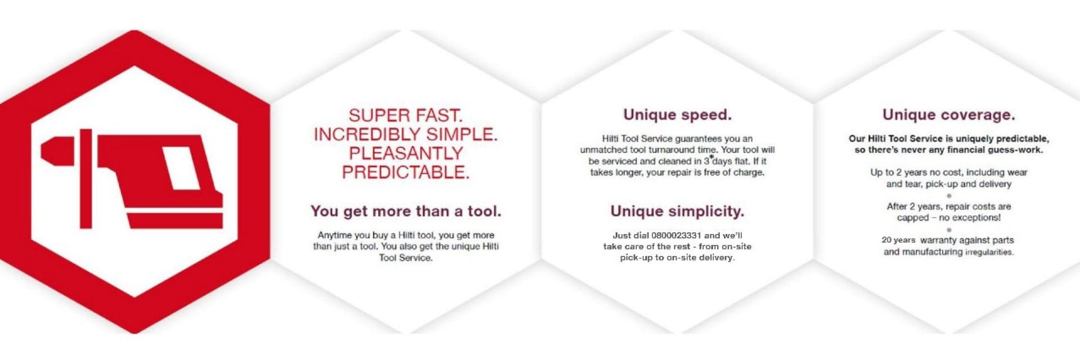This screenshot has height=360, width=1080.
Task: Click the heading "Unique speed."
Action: (x=677, y=115)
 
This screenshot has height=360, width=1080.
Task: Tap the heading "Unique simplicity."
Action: (x=677, y=211)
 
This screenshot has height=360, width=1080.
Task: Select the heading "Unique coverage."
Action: (x=949, y=115)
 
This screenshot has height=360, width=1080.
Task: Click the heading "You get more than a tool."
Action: (x=406, y=211)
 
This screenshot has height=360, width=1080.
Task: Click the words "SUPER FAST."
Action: (x=406, y=115)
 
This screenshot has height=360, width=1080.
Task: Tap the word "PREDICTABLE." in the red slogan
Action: (x=406, y=172)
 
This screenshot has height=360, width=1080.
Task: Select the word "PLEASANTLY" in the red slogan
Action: (x=406, y=153)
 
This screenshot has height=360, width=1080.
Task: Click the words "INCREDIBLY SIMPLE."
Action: (x=406, y=134)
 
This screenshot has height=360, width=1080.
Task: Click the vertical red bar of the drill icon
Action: (x=85, y=178)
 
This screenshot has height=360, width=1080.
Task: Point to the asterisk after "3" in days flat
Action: (x=711, y=157)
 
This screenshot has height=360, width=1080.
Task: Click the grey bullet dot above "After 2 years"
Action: (x=949, y=196)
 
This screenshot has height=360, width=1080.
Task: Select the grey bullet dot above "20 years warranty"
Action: (x=949, y=229)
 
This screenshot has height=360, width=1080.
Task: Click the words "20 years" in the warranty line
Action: (x=898, y=240)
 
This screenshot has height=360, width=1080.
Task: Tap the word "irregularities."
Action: (x=989, y=252)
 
